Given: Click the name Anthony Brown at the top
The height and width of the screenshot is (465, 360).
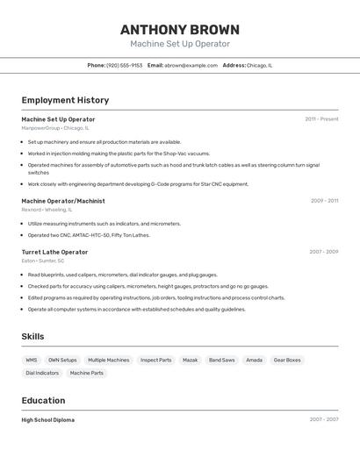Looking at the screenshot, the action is pos(179,30).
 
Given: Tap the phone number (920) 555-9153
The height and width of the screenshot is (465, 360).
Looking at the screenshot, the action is pos(124,65).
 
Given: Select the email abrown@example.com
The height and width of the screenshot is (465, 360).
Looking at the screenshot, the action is pos(191,65).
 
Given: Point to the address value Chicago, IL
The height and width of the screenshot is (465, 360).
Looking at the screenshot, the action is pos(259,65).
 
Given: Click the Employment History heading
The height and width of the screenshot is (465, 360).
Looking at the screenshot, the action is pos(65,100).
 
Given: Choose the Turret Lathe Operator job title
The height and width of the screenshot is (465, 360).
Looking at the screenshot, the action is pos(54,252).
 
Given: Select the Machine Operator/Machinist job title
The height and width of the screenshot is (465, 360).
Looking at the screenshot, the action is pos(62,201).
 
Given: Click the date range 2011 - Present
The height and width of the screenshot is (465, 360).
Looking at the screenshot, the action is pos(321,119).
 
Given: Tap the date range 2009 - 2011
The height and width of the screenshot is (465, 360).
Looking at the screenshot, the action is pos(324,201).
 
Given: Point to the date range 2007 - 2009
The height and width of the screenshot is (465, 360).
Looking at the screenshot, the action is pos(323,252).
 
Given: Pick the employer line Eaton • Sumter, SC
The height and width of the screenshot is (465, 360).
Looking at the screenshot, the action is pos(42,261).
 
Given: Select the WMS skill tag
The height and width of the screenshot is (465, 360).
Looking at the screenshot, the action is pos(32,360).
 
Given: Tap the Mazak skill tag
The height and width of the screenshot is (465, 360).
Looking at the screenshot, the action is pos(190,360).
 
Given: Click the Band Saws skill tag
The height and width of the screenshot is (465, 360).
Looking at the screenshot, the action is pos(221,360).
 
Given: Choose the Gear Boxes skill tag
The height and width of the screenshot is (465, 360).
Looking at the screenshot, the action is pos(286,360).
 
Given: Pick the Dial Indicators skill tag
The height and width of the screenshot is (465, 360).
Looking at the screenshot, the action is pos(42,373).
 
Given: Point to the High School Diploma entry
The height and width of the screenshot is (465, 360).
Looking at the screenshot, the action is pos(47,419).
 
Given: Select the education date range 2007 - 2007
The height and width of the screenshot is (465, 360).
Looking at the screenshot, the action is pos(323,419).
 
